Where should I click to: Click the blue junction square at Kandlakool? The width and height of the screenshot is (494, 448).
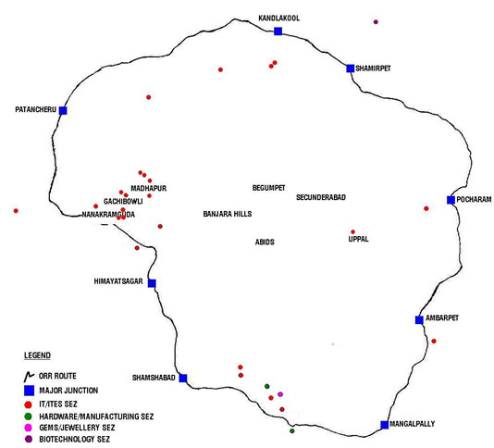pyautogui.click(x=278, y=31)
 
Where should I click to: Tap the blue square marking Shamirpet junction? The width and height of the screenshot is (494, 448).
pyautogui.click(x=350, y=68)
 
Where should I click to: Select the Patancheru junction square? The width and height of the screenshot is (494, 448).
pyautogui.click(x=63, y=111)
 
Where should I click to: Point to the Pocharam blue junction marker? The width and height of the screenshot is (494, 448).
pyautogui.click(x=451, y=200)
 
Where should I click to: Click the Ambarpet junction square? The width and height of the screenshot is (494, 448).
pyautogui.click(x=419, y=320)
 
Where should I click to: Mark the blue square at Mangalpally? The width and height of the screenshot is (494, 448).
pyautogui.click(x=384, y=425)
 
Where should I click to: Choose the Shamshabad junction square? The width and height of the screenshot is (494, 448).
pyautogui.click(x=183, y=378)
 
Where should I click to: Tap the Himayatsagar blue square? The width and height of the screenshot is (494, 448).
pyautogui.click(x=152, y=283)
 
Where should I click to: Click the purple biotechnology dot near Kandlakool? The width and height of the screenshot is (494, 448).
pyautogui.click(x=376, y=22)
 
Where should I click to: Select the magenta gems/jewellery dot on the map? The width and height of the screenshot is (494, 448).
pyautogui.click(x=280, y=394)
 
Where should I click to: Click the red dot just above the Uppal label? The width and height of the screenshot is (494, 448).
pyautogui.click(x=352, y=232)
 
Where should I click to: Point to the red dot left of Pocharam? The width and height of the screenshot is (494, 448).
pyautogui.click(x=426, y=208)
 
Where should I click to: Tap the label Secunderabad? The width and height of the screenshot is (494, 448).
pyautogui.click(x=321, y=197)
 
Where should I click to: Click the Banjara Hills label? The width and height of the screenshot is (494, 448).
pyautogui.click(x=228, y=214)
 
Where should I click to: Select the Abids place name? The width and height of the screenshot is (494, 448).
pyautogui.click(x=265, y=243)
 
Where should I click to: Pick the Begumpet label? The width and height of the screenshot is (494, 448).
pyautogui.click(x=268, y=188)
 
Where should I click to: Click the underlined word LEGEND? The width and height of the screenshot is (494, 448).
pyautogui.click(x=38, y=355)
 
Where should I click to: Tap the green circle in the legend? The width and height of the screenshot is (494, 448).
pyautogui.click(x=29, y=417)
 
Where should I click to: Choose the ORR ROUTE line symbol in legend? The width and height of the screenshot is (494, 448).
pyautogui.click(x=29, y=376)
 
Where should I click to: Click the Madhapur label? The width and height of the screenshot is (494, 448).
pyautogui.click(x=148, y=188)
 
